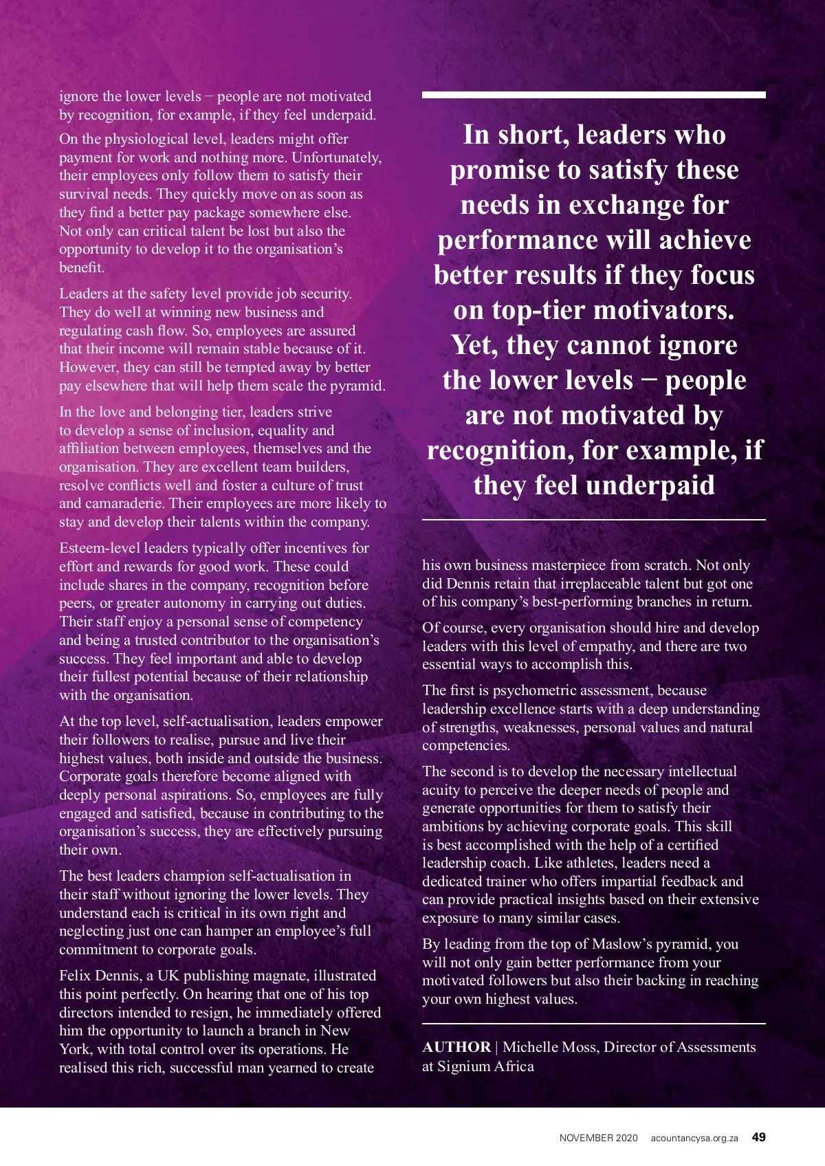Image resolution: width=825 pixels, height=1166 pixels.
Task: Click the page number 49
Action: point(758,1137)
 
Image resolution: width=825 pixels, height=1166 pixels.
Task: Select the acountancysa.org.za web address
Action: point(694,1138)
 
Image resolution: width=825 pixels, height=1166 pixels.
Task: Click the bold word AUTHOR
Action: point(456,1047)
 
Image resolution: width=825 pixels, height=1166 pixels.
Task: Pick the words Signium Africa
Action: point(485,1066)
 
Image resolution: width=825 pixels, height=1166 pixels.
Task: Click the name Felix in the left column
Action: point(74,976)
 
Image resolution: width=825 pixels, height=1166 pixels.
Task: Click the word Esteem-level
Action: point(100,548)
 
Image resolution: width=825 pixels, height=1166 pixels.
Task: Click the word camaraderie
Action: point(124,503)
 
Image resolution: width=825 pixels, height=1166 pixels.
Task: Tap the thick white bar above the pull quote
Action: point(593,95)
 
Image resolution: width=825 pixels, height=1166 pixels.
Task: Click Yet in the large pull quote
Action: point(474,345)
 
